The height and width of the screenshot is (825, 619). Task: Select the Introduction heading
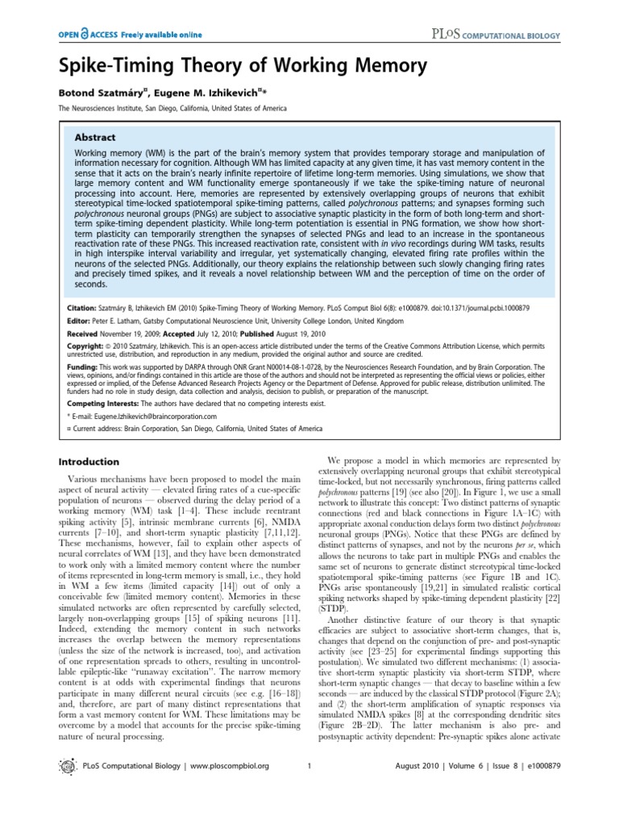point(90,461)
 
